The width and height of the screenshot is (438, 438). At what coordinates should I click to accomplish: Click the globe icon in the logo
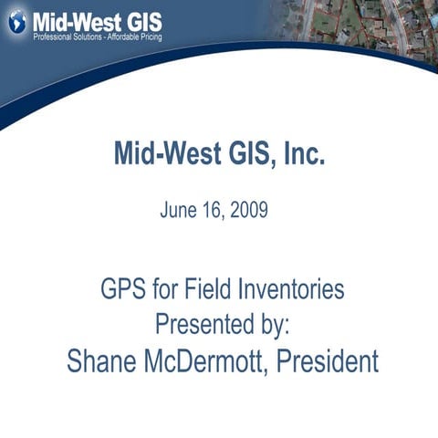(x=17, y=22)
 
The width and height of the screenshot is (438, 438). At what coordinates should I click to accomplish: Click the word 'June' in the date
(x=179, y=210)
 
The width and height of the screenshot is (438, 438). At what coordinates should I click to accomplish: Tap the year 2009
(x=248, y=210)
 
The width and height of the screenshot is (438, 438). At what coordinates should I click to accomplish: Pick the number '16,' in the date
(x=214, y=210)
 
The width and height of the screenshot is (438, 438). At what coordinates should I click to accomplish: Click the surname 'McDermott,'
(x=208, y=360)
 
